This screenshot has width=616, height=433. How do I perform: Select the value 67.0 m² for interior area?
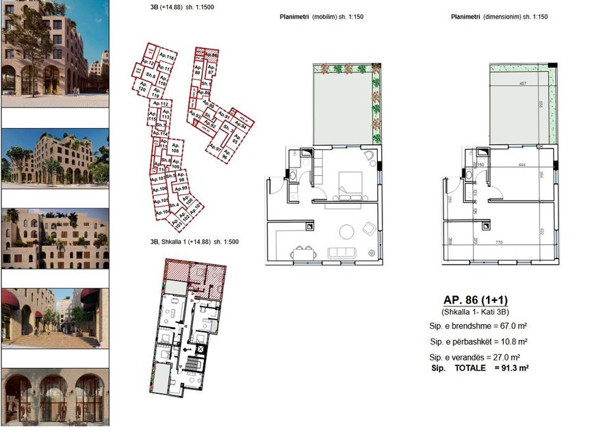click(x=514, y=326)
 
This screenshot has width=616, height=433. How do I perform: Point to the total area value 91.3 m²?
click(x=514, y=368)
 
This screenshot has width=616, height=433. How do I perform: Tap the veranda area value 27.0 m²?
click(x=514, y=356)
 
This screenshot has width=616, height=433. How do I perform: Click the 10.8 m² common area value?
click(x=514, y=341)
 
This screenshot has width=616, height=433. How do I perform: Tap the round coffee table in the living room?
click(x=343, y=229)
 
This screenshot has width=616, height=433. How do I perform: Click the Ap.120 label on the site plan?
click(x=142, y=89)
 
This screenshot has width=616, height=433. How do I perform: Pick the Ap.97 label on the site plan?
click(x=214, y=147)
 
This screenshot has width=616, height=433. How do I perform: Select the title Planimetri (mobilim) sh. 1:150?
click(x=321, y=16)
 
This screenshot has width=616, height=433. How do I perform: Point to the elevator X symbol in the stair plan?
click(x=200, y=349)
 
